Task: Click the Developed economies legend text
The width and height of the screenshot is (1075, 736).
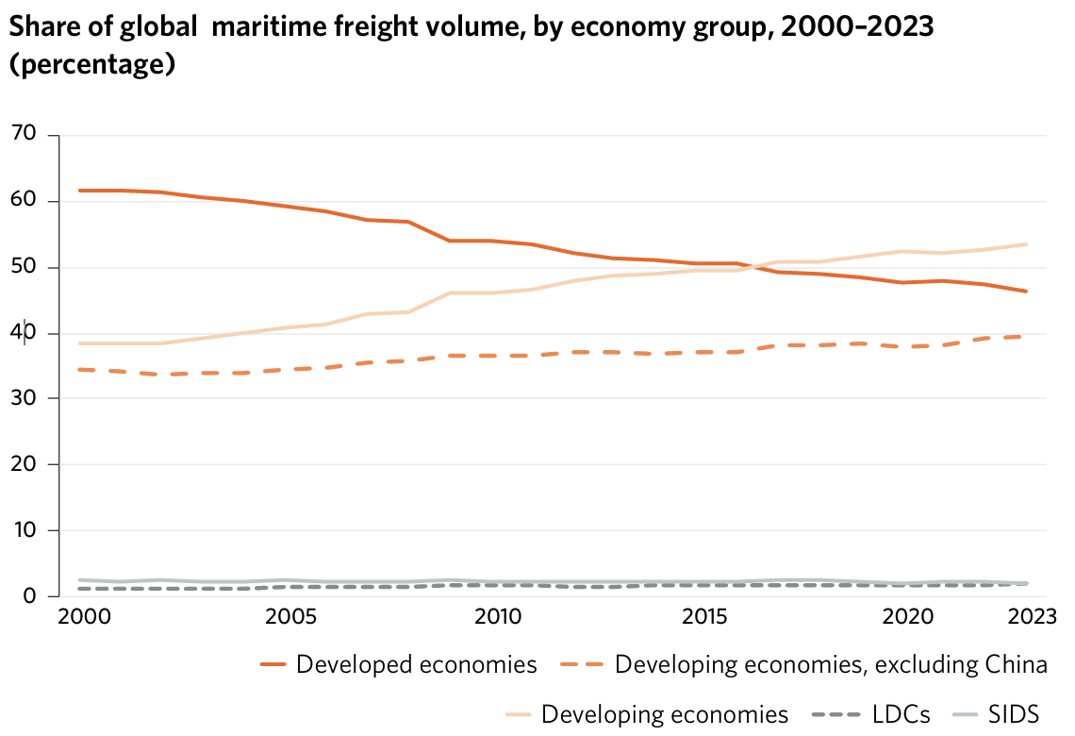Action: [416, 664]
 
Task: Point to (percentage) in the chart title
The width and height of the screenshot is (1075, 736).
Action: [92, 67]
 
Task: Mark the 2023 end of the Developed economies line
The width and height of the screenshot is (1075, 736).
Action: [1026, 291]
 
